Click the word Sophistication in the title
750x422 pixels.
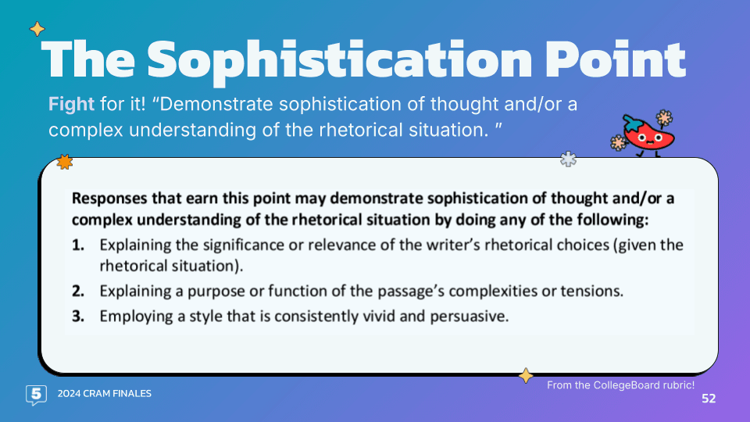[x=339, y=60]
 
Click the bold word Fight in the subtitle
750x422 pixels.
[x=71, y=104]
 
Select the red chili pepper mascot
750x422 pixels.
[x=644, y=134]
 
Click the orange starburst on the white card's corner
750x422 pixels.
[x=65, y=163]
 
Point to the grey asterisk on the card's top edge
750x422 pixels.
[x=568, y=159]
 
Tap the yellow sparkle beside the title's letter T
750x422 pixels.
[x=37, y=29]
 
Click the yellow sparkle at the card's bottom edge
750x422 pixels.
[x=526, y=376]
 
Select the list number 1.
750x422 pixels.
[x=78, y=245]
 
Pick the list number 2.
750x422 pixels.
[x=78, y=291]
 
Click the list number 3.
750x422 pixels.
[x=78, y=316]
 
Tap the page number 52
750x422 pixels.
[x=709, y=399]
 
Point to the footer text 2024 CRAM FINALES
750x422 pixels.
[x=104, y=394]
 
